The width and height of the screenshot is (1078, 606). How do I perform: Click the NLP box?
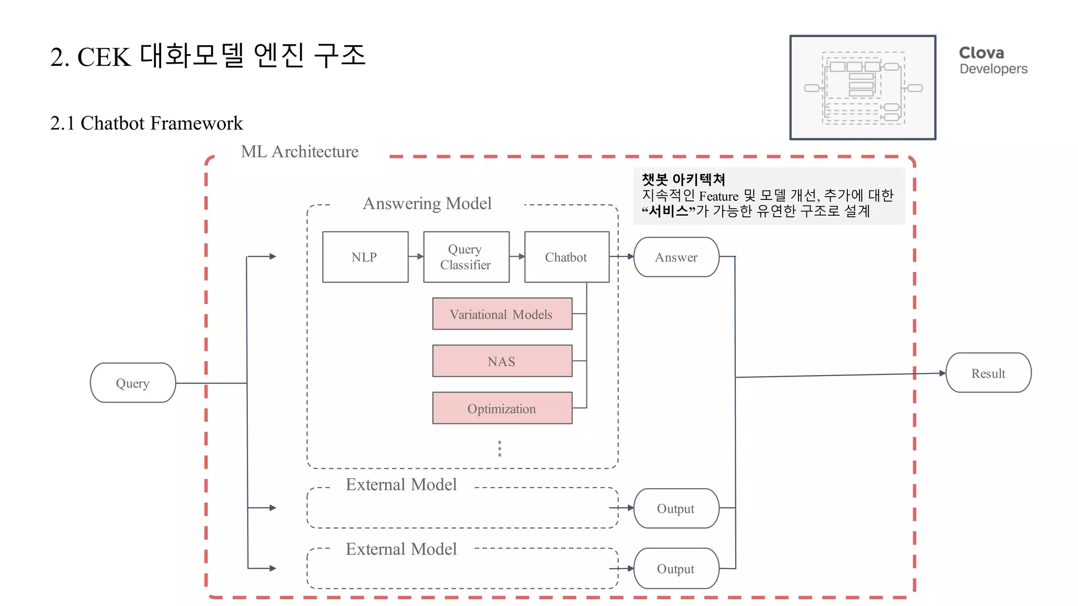pyautogui.click(x=365, y=257)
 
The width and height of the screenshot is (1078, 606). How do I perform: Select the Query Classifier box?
pyautogui.click(x=466, y=257)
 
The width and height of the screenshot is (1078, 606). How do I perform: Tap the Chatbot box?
pyautogui.click(x=566, y=257)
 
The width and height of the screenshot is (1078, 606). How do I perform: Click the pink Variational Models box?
pyautogui.click(x=502, y=314)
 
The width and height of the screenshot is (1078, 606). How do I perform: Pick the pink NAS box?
pyautogui.click(x=502, y=361)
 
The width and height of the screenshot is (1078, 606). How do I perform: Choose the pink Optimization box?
pyautogui.click(x=502, y=408)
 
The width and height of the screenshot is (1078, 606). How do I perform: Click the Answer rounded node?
pyautogui.click(x=676, y=257)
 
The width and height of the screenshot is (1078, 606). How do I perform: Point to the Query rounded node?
pyautogui.click(x=133, y=383)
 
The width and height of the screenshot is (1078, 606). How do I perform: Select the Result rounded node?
pyautogui.click(x=988, y=373)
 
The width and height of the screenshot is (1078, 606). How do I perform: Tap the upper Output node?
pyautogui.click(x=676, y=508)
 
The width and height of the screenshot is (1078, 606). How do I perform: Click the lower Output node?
pyautogui.click(x=676, y=569)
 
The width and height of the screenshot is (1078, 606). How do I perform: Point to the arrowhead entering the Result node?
pyautogui.click(x=942, y=373)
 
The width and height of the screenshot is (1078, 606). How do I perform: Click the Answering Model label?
pyautogui.click(x=427, y=204)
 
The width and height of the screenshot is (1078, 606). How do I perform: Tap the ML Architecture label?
pyautogui.click(x=300, y=151)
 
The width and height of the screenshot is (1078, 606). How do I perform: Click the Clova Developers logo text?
pyautogui.click(x=993, y=60)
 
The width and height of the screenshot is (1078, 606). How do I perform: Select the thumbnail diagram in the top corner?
pyautogui.click(x=863, y=87)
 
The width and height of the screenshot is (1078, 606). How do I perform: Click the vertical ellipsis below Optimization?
pyautogui.click(x=500, y=449)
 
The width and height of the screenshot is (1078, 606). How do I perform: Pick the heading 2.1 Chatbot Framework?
pyautogui.click(x=146, y=123)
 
